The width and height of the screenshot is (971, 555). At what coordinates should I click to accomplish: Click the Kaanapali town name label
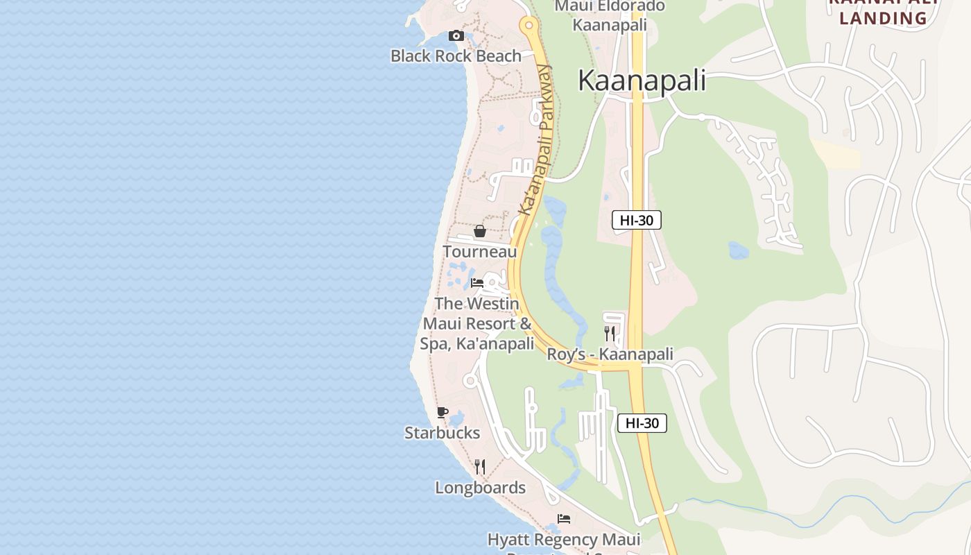click(642, 80)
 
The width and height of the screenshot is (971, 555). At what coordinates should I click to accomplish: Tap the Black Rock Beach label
click(456, 56)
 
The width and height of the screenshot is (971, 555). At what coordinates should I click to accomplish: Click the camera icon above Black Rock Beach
click(456, 36)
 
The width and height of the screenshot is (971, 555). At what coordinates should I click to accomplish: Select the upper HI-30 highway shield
click(636, 221)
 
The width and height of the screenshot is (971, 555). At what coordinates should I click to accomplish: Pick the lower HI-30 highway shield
click(642, 423)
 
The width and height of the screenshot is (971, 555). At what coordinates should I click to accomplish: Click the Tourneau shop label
click(480, 252)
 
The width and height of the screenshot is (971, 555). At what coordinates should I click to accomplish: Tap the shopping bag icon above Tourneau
click(479, 231)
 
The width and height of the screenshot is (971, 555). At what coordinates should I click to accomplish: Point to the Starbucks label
click(442, 433)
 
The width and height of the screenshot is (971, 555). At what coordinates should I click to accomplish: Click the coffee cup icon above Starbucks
click(442, 413)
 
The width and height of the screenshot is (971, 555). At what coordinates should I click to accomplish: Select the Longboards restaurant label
click(480, 488)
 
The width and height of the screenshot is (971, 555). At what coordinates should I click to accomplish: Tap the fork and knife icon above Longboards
click(479, 467)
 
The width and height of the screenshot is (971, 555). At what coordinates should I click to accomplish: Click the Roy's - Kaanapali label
click(610, 355)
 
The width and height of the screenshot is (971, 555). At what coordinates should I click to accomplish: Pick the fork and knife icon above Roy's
click(610, 334)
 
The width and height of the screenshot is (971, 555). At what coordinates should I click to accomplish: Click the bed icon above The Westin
click(477, 283)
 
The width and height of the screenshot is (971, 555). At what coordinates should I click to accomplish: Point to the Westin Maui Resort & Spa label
click(477, 324)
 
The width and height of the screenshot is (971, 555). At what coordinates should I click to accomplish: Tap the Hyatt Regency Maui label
click(564, 540)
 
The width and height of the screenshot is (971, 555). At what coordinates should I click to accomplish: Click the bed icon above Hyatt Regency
click(564, 519)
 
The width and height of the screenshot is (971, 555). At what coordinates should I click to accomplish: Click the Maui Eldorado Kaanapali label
click(610, 16)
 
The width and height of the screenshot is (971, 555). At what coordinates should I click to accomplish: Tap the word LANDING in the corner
click(883, 18)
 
